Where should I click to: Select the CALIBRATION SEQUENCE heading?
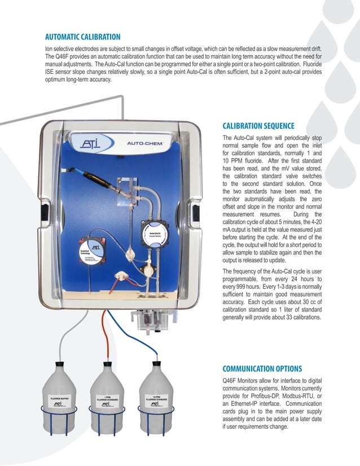click(258, 126)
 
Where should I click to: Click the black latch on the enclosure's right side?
click(194, 214)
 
